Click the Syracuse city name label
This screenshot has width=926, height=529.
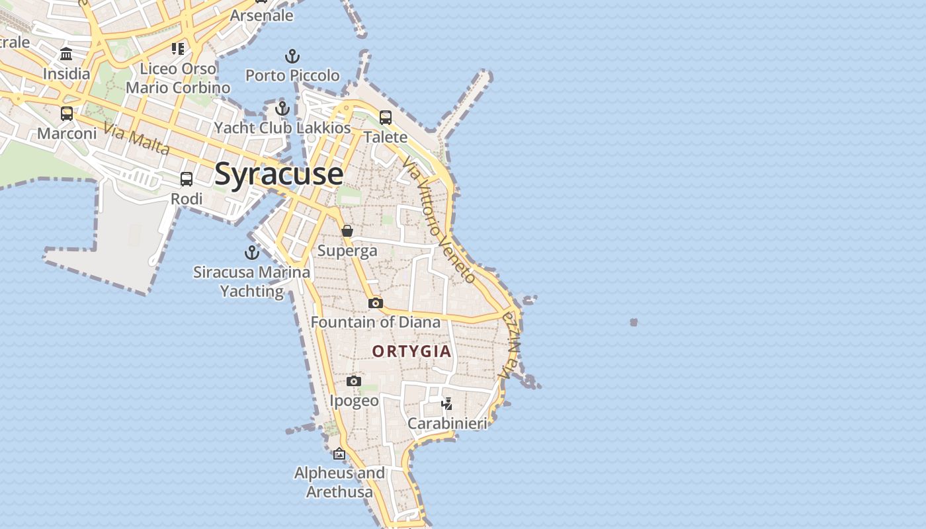(x=278, y=174)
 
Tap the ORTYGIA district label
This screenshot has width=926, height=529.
(x=411, y=351)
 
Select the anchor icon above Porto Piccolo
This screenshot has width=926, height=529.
(x=292, y=56)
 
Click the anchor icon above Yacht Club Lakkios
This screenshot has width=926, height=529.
(x=282, y=108)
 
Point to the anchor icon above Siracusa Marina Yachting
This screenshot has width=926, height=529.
(x=251, y=253)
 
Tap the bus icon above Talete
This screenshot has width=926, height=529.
(x=386, y=118)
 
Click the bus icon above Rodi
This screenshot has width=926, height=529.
(x=187, y=179)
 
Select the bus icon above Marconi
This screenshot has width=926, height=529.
(x=67, y=114)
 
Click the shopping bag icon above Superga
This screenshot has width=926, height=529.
(x=347, y=231)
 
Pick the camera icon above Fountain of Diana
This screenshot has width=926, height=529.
(x=376, y=303)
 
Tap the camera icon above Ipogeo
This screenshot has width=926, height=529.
(x=354, y=382)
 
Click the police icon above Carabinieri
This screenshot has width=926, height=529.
(x=447, y=403)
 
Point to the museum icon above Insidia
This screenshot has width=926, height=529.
(x=66, y=54)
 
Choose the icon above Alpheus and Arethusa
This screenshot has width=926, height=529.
(x=339, y=454)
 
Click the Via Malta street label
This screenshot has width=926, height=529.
(x=137, y=139)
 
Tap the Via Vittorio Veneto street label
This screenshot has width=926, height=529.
(x=438, y=221)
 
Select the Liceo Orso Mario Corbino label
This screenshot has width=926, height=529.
(x=178, y=78)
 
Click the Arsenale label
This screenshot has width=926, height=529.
(x=261, y=15)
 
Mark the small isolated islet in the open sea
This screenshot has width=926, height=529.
(x=634, y=322)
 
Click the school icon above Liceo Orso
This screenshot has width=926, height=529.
(x=178, y=48)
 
